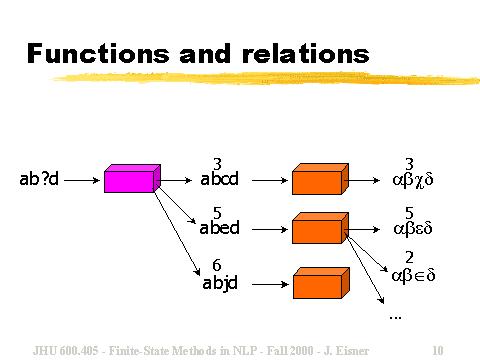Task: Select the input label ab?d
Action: [x=40, y=180]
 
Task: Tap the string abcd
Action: [x=220, y=180]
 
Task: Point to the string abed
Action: [x=220, y=228]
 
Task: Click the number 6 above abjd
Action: [x=217, y=266]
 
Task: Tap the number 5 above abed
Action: [x=217, y=213]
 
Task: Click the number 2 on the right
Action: [x=410, y=258]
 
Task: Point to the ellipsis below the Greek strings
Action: [x=394, y=316]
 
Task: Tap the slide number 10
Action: [x=437, y=350]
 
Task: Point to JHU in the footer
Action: [x=46, y=350]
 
